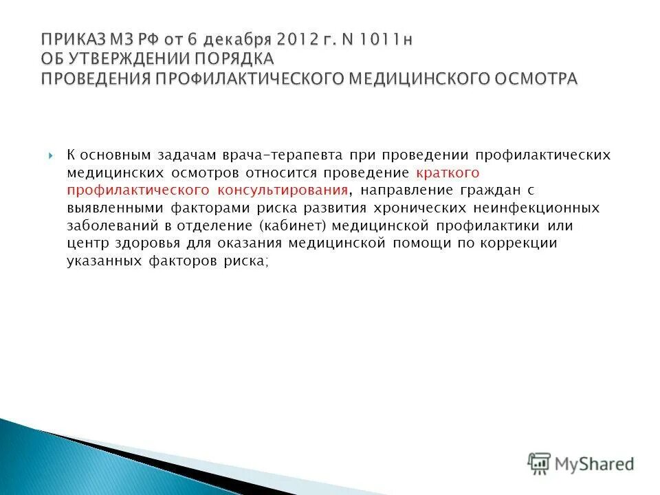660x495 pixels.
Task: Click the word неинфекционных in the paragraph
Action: tap(527, 208)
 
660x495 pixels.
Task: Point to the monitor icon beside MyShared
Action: tap(540, 464)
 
